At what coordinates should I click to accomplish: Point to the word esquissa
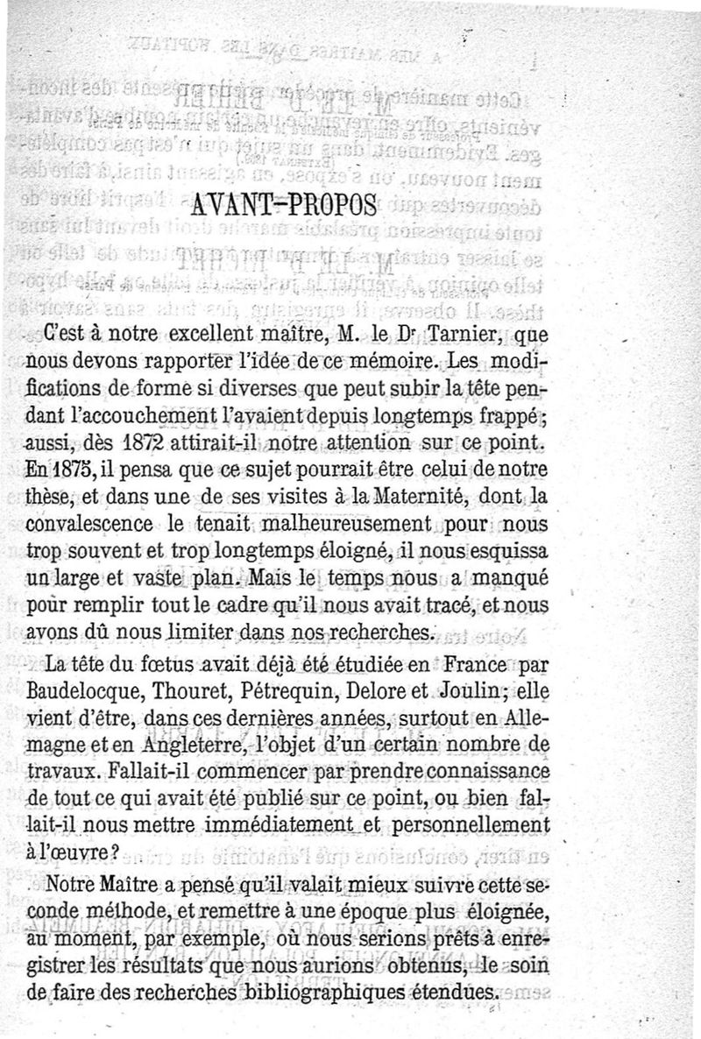pyautogui.click(x=506, y=552)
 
